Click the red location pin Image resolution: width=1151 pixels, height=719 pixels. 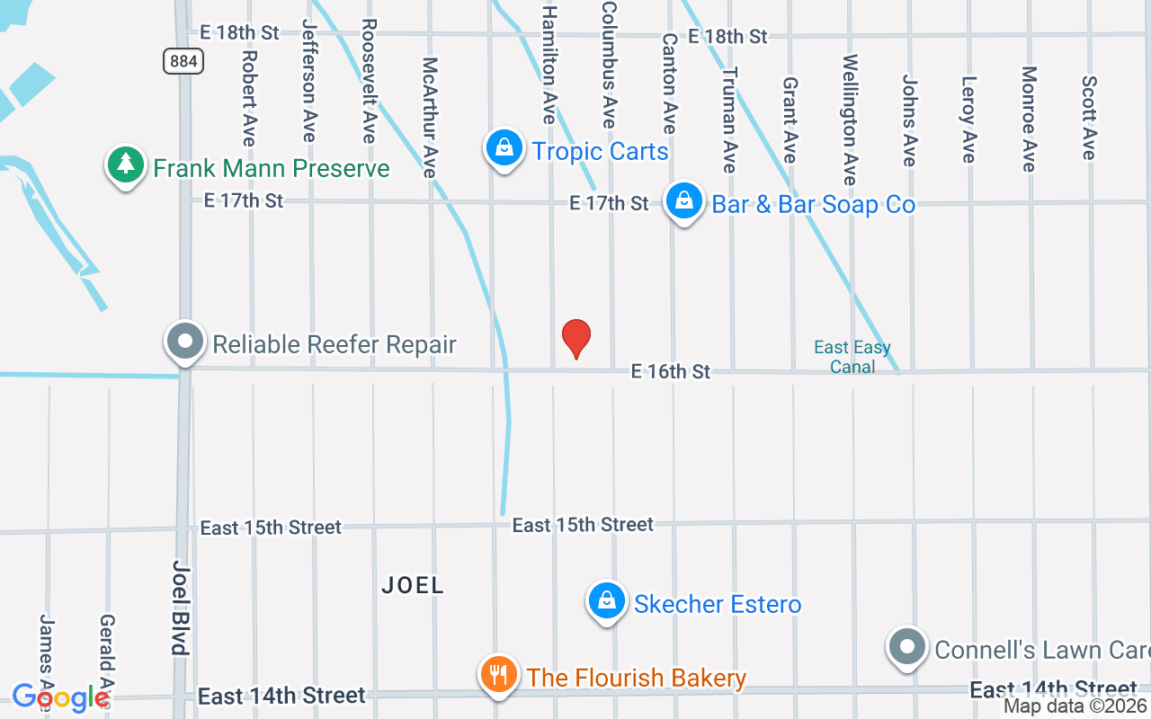pos(576,338)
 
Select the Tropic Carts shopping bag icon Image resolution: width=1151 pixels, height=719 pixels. pos(504,147)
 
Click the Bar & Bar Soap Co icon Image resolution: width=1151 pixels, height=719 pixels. pos(684,201)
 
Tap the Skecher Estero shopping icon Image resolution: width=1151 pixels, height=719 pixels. pos(607,601)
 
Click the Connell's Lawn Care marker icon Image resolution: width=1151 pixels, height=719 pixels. pos(906,647)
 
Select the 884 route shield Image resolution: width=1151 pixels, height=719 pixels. pos(183,61)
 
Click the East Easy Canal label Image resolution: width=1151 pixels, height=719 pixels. pos(852,357)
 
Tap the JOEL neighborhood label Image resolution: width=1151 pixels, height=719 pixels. pos(413,585)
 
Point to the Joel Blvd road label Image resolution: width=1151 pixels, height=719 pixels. pos(181,608)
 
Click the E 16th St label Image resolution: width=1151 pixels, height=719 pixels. pos(671,371)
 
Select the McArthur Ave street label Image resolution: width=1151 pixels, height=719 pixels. pos(430,118)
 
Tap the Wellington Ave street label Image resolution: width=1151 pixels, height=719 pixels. pos(850,120)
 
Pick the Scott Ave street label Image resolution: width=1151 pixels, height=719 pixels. pos(1089,118)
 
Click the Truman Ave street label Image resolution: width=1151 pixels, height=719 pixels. pos(729,120)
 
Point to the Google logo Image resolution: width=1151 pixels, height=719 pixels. pos(60,697)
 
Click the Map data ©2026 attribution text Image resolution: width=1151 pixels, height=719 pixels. pos(1075,706)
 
